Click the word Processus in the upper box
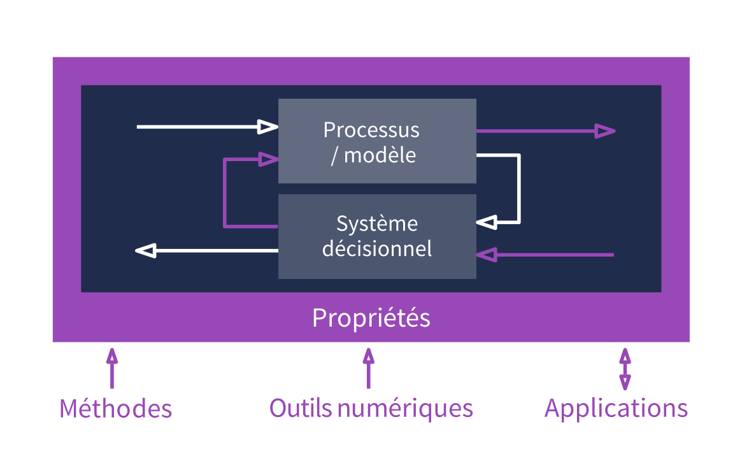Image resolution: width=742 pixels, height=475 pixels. [371, 130]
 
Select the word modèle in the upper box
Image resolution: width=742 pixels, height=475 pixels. [380, 155]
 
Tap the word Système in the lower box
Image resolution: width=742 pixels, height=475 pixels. [377, 223]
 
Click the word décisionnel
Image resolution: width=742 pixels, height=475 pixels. [377, 248]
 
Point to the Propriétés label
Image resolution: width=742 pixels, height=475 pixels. [371, 318]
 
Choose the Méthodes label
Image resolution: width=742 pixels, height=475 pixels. [115, 408]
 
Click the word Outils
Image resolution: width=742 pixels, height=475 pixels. [301, 408]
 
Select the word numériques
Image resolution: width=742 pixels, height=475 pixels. [405, 408]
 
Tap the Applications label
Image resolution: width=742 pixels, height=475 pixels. [616, 408]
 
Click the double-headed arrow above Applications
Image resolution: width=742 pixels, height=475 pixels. [625, 369]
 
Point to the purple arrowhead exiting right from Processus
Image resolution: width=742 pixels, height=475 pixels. [604, 131]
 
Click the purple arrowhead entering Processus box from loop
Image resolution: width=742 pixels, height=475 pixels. [268, 159]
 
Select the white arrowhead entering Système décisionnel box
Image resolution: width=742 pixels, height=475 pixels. [487, 222]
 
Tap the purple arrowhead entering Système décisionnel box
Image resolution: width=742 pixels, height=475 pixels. [487, 255]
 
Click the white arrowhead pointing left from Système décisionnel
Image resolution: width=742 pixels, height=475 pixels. [146, 251]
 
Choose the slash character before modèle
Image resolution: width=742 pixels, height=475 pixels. [334, 155]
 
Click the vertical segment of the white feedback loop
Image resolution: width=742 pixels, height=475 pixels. [519, 188]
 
